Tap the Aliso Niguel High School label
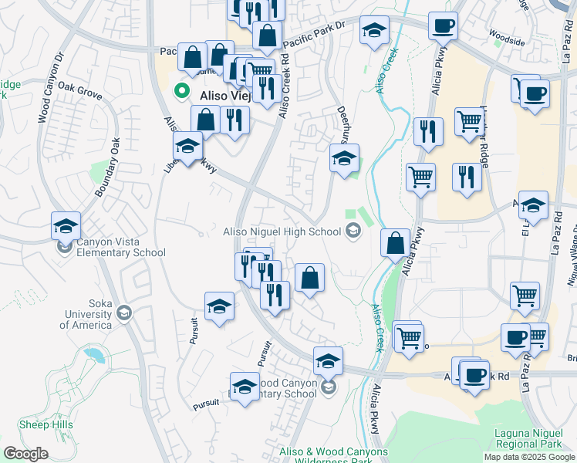tap(282, 231)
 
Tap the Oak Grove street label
tap(79, 92)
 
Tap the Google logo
tap(25, 454)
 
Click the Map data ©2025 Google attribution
tap(529, 457)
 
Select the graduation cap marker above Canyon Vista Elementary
tap(66, 225)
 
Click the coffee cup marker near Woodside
tap(443, 25)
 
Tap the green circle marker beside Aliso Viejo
tap(183, 90)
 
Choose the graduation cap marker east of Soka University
tap(220, 307)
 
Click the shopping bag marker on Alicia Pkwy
tap(395, 244)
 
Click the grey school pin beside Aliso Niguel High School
tap(353, 231)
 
